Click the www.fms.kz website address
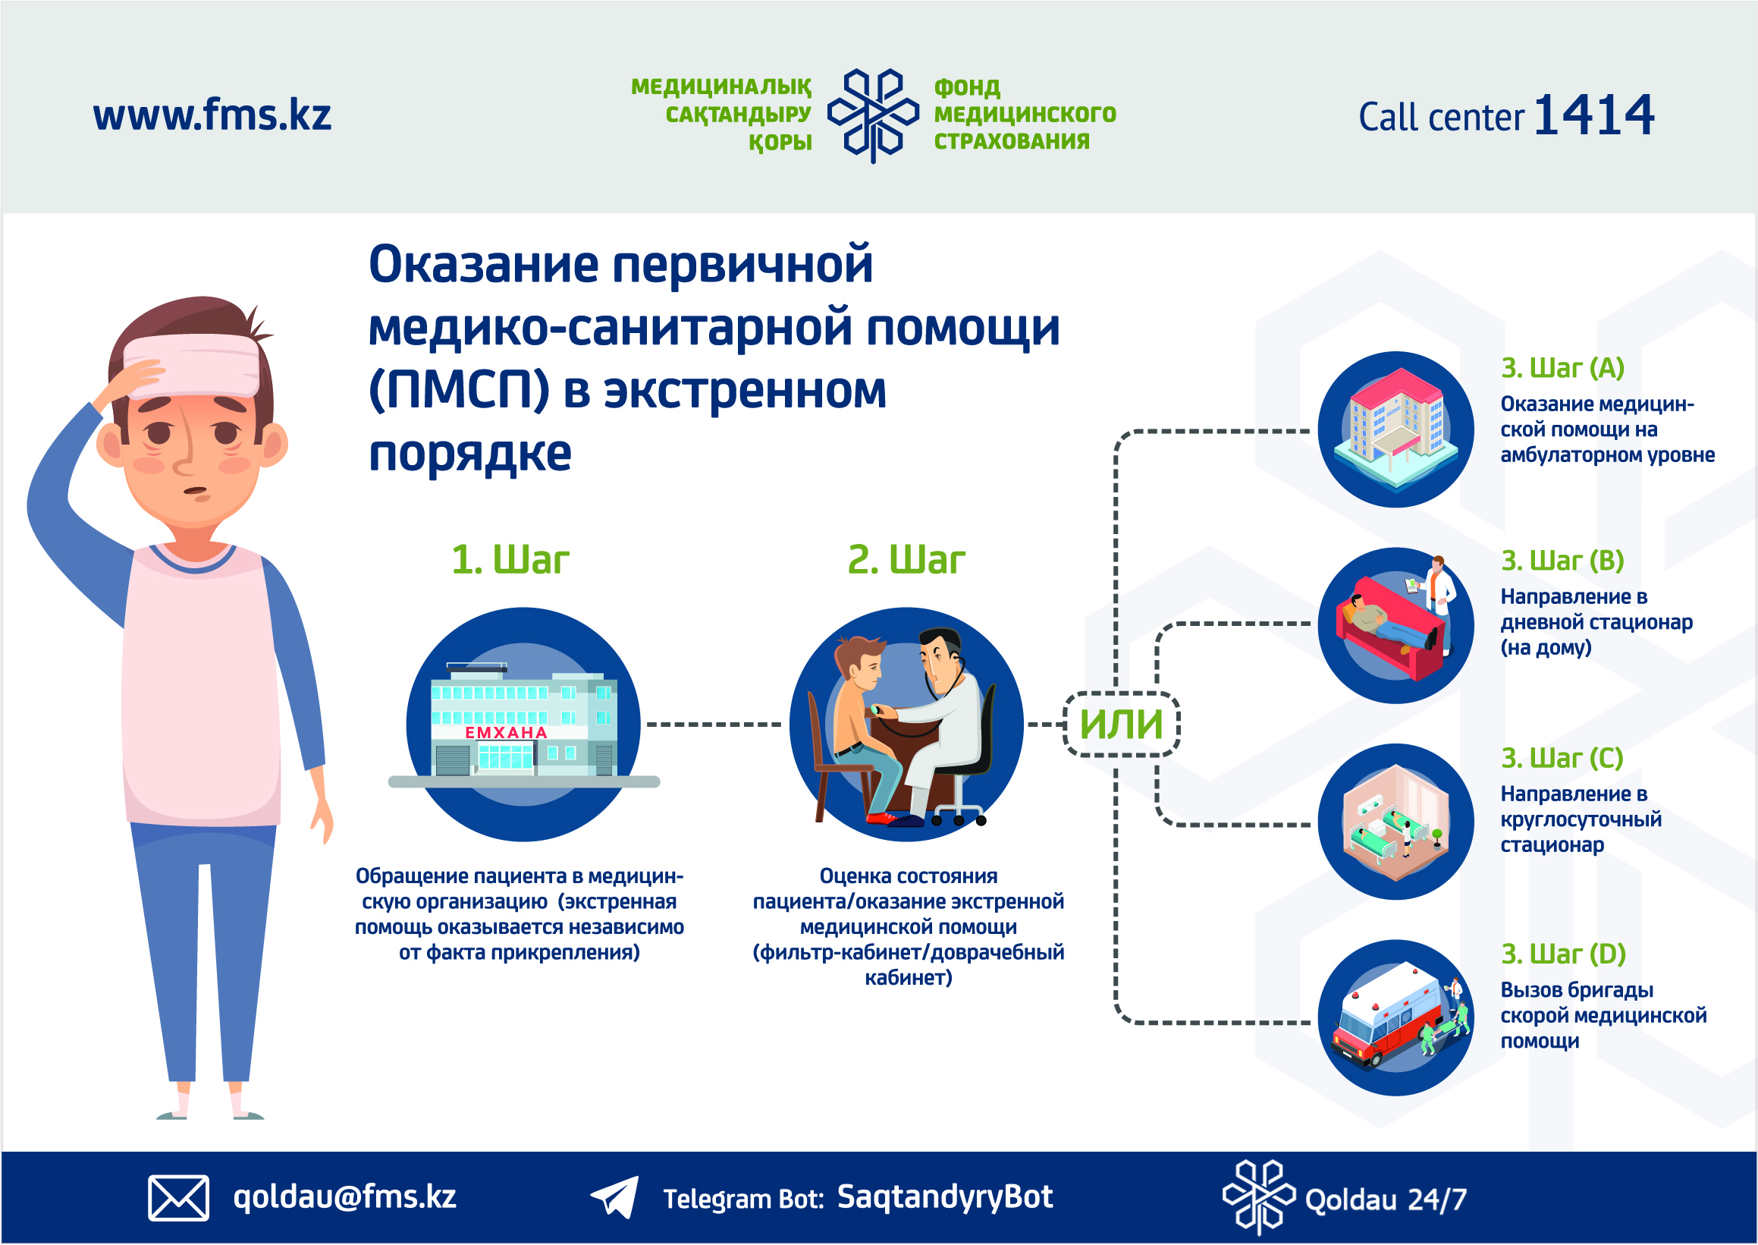pyautogui.click(x=212, y=115)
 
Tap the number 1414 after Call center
pyautogui.click(x=1594, y=116)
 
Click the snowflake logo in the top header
pyautogui.click(x=873, y=116)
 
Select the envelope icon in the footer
pyautogui.click(x=177, y=1196)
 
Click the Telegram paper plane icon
pyautogui.click(x=614, y=1196)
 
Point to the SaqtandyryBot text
pyautogui.click(x=945, y=1196)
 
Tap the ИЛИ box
pyautogui.click(x=1121, y=724)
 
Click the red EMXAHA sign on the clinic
pyautogui.click(x=506, y=733)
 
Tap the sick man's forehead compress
pyautogui.click(x=192, y=366)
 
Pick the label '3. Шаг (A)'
pyautogui.click(x=1562, y=368)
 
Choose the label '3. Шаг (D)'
pyautogui.click(x=1563, y=954)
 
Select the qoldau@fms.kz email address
pyautogui.click(x=345, y=1196)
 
